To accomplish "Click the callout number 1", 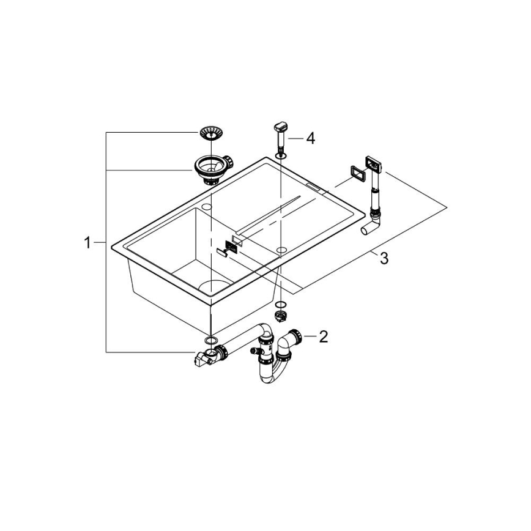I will (87, 243).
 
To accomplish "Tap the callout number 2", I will (324, 336).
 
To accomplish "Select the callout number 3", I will (384, 259).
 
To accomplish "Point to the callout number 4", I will (310, 139).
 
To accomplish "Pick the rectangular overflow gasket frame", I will (355, 173).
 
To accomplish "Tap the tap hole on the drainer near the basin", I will (281, 250).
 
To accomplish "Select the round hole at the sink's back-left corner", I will (207, 208).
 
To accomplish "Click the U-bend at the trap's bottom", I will (270, 375).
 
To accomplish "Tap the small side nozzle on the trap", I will (253, 351).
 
